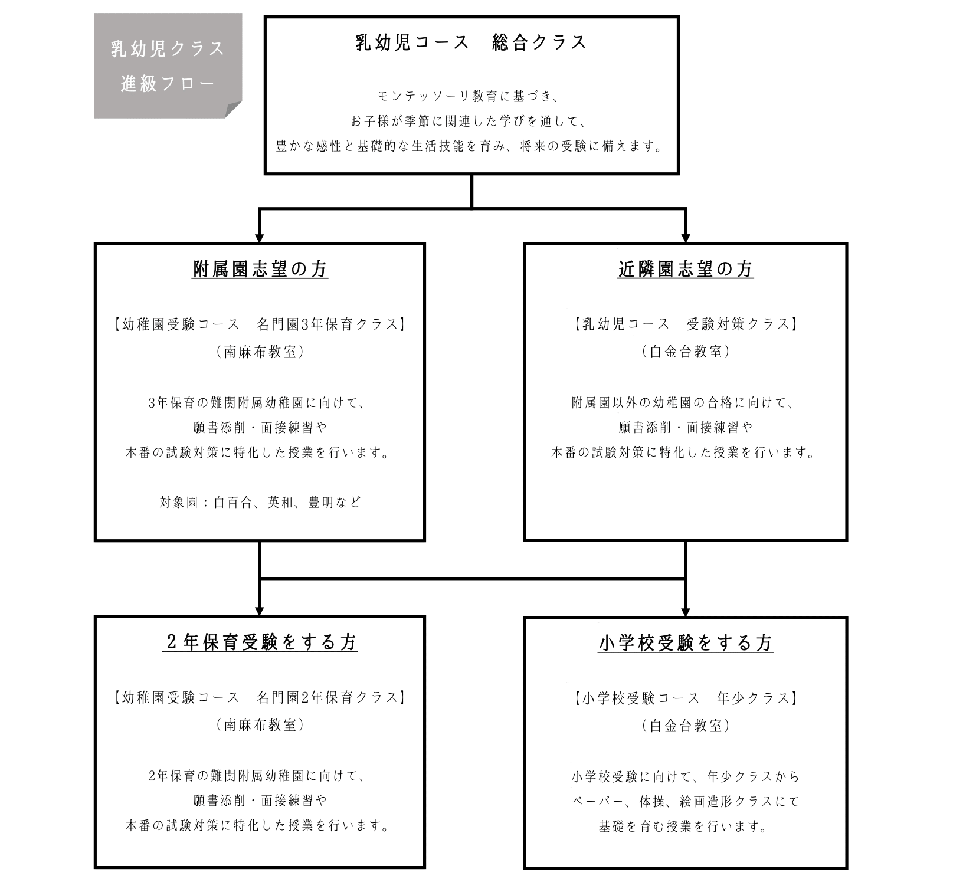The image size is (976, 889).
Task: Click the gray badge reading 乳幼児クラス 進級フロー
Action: (x=168, y=65)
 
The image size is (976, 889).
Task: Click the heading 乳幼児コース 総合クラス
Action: (x=471, y=42)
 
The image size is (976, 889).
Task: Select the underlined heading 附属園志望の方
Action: (x=260, y=270)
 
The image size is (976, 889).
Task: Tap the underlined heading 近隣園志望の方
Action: (x=685, y=270)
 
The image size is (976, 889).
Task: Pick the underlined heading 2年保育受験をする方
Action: (x=260, y=642)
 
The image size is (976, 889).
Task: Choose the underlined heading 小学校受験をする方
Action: (x=685, y=643)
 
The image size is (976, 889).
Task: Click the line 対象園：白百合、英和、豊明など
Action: (x=260, y=503)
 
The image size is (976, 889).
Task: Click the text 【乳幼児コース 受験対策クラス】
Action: (x=685, y=324)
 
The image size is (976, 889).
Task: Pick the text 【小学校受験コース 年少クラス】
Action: (x=685, y=698)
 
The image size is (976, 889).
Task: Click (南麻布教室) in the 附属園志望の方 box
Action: (x=260, y=352)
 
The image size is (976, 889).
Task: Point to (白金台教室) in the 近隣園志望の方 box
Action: (x=685, y=352)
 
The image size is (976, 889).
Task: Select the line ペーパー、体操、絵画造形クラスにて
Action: (x=685, y=801)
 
